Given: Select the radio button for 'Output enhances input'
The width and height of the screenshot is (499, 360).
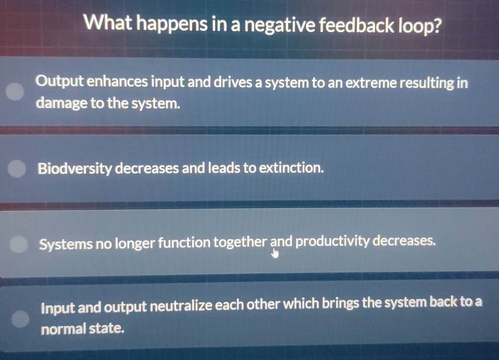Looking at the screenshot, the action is coord(15,92).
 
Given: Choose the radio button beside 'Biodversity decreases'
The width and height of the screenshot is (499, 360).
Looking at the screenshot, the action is coord(16,168).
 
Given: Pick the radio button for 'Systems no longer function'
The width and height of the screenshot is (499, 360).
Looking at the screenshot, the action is coord(19,244).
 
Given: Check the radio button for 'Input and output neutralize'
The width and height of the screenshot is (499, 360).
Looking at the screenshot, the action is coord(20,319).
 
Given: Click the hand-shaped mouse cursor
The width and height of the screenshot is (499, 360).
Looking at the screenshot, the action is coord(275,253).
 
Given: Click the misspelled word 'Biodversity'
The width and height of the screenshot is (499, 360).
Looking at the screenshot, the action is coord(75,169).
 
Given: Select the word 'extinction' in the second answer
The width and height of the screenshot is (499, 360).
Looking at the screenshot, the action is coord(291,167).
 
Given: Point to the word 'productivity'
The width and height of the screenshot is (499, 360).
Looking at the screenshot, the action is coord(332,242).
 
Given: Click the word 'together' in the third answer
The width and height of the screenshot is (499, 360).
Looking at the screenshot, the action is coord(240,242).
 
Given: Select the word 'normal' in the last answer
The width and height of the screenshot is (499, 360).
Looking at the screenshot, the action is coord(63,329).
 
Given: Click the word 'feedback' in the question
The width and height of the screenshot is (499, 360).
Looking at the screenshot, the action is coord(357,25).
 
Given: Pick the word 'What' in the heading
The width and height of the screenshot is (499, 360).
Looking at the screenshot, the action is coord(108,23).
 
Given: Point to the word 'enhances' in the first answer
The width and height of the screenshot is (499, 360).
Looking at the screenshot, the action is coord(117,82).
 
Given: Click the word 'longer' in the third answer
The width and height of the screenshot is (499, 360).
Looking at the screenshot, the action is coord(135,244).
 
